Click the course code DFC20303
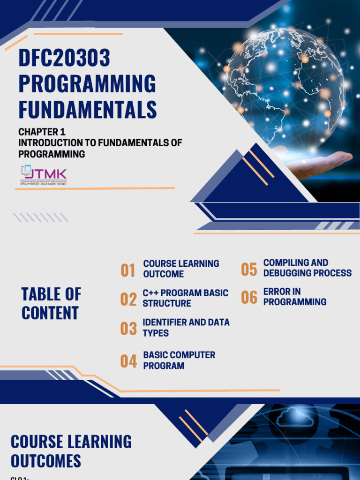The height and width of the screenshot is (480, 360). (64, 58)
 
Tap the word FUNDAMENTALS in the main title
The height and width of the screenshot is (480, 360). (88, 109)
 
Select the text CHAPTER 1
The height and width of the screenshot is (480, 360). (41, 132)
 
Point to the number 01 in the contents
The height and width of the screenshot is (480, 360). (128, 270)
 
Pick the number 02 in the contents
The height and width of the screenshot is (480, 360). (128, 299)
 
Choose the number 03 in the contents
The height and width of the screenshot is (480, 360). (128, 329)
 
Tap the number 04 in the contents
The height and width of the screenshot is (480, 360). (128, 361)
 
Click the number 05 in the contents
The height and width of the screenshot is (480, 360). (249, 270)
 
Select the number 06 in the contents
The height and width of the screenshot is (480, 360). (249, 298)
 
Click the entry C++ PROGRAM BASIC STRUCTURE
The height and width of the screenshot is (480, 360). (185, 298)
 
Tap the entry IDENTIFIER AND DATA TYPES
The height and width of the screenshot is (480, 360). (186, 328)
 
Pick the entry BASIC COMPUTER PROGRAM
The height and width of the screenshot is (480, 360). (179, 360)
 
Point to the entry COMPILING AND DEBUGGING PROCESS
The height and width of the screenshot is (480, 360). (307, 268)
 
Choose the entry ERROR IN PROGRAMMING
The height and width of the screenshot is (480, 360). (294, 297)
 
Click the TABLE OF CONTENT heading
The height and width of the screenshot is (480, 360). (51, 304)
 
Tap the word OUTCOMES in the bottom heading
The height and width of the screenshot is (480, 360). (46, 461)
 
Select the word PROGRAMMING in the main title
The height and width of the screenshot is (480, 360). (87, 83)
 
